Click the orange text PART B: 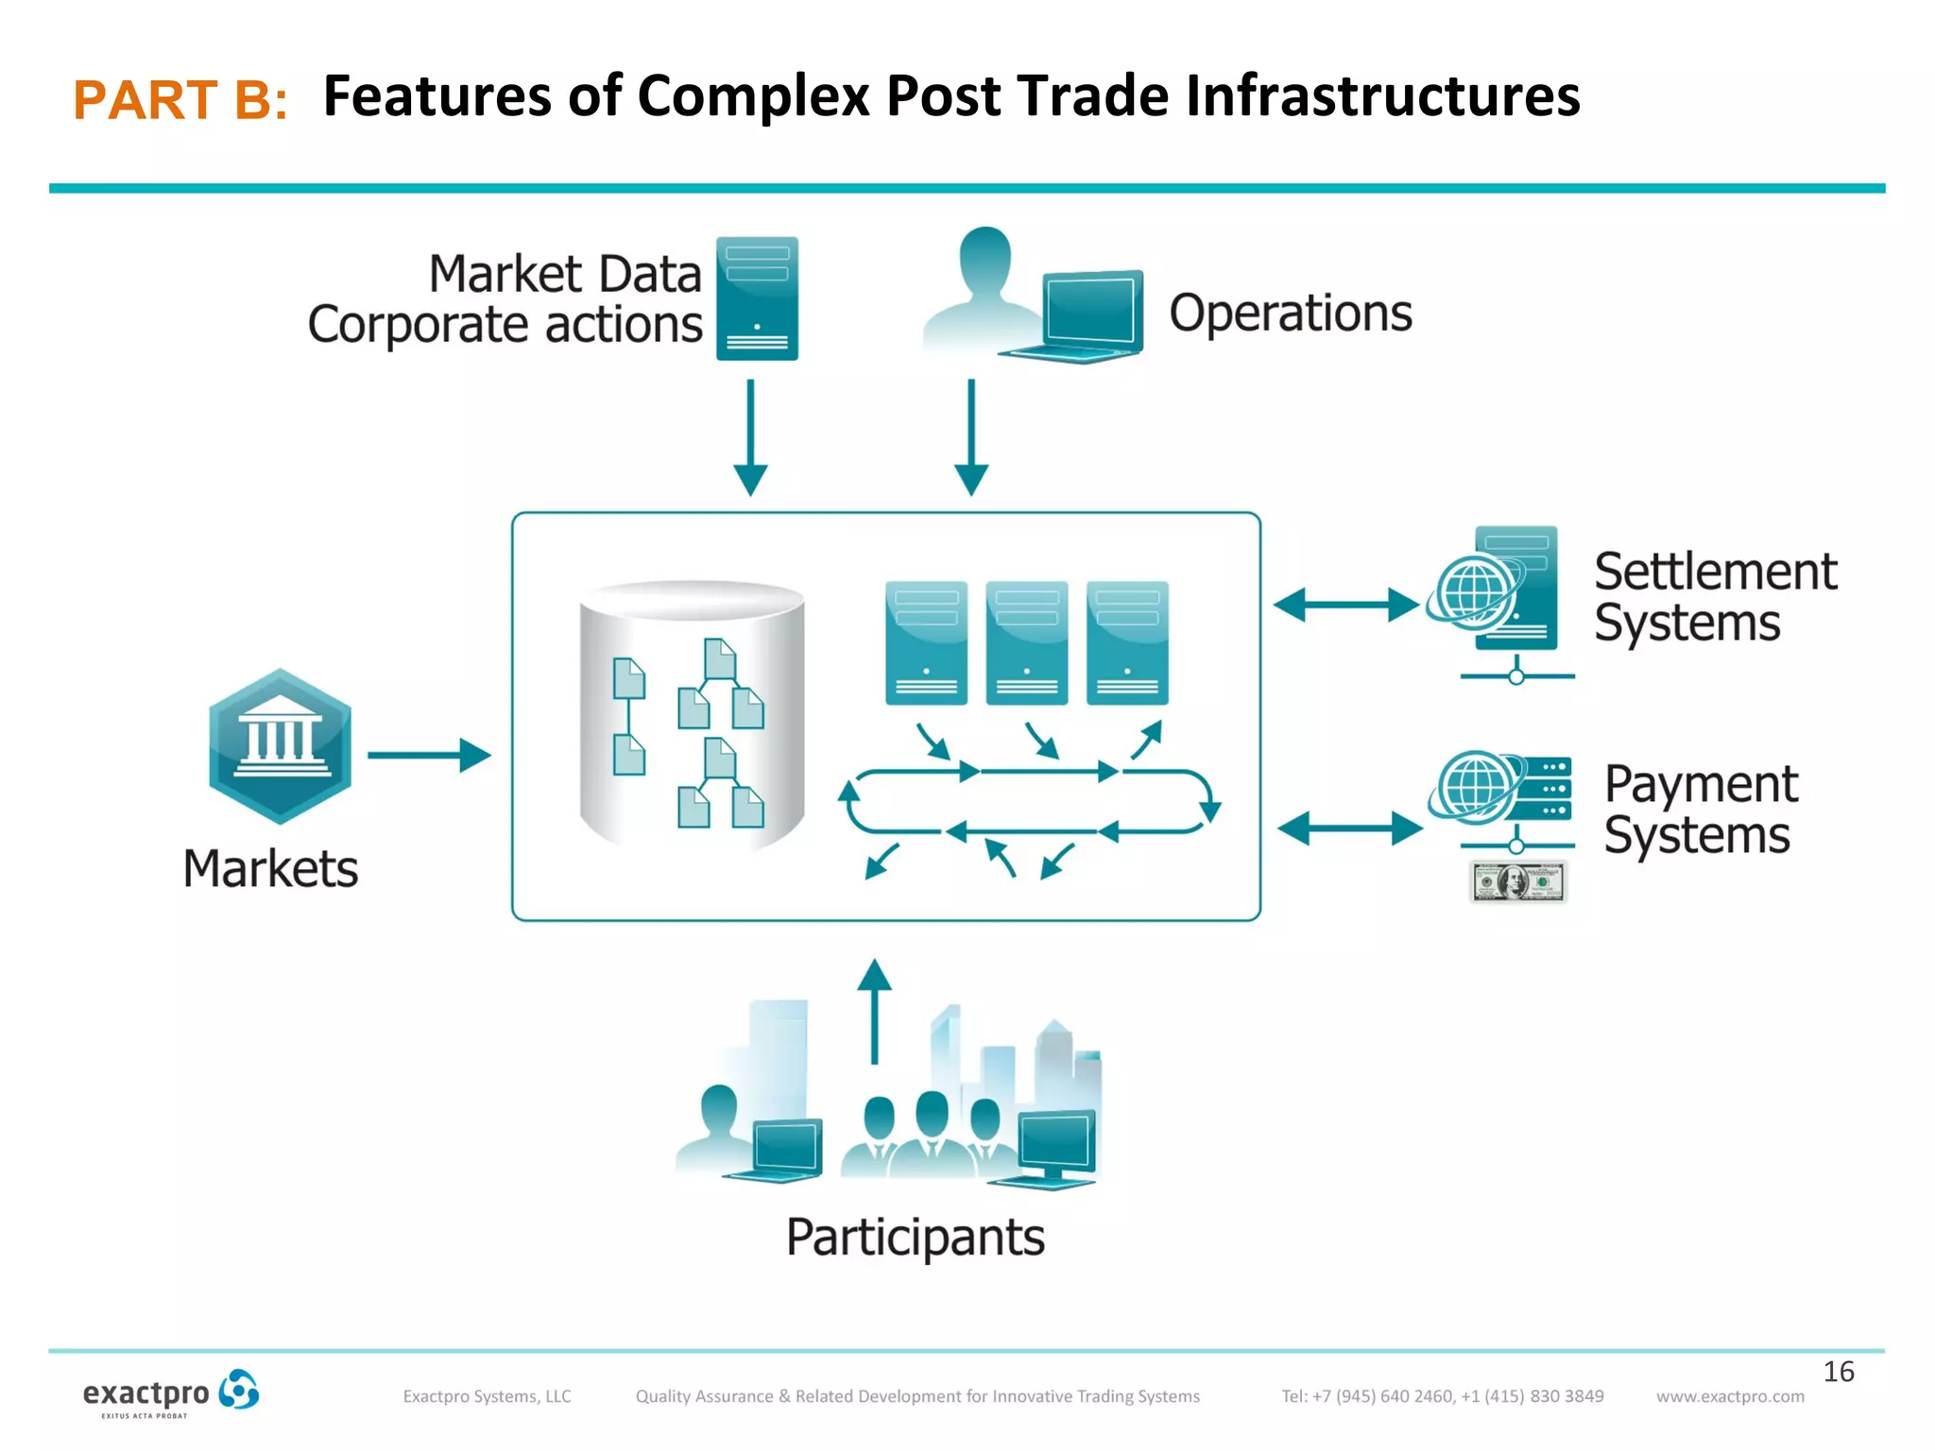[180, 100]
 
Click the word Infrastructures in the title [1382, 96]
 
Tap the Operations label [1290, 313]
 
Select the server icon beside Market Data [757, 299]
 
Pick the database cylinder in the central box [692, 714]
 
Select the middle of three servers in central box [1026, 642]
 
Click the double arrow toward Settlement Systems [1345, 605]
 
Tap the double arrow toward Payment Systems [1349, 828]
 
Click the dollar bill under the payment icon [1517, 882]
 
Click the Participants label [915, 1237]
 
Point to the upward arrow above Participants [874, 1011]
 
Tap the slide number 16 [1838, 1371]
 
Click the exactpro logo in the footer [170, 1393]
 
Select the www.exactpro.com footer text [1729, 1396]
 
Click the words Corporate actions [505, 325]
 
